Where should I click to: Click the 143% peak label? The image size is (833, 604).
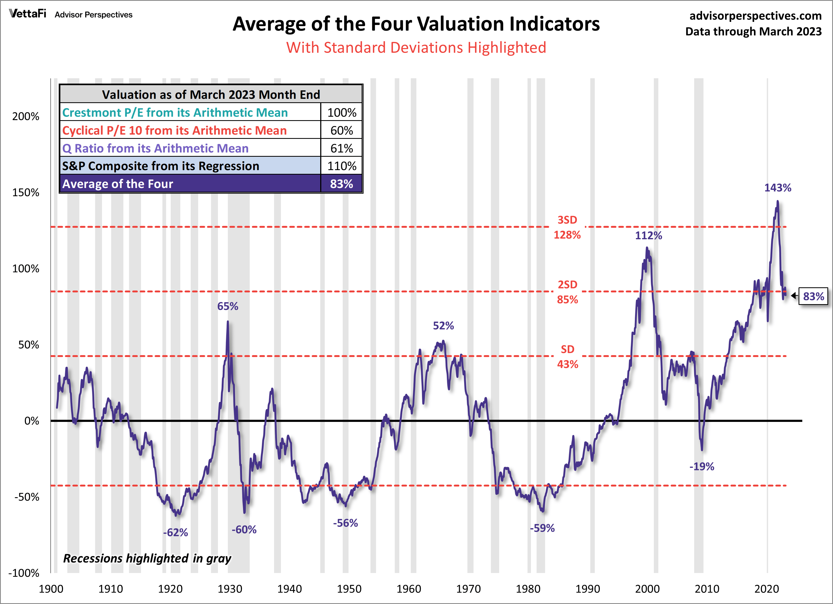pyautogui.click(x=777, y=188)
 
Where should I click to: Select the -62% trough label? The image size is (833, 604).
pyautogui.click(x=175, y=532)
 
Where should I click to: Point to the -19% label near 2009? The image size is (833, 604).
pyautogui.click(x=702, y=467)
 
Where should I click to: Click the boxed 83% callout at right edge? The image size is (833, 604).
pyautogui.click(x=813, y=296)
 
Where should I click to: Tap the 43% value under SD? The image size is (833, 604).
pyautogui.click(x=568, y=364)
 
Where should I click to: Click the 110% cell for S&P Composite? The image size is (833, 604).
pyautogui.click(x=342, y=166)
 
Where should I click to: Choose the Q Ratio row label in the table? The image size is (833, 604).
pyautogui.click(x=155, y=148)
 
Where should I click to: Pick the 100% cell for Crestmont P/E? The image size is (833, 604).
pyautogui.click(x=342, y=113)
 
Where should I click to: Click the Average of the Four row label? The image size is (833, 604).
pyautogui.click(x=118, y=184)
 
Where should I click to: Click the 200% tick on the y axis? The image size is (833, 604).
pyautogui.click(x=26, y=116)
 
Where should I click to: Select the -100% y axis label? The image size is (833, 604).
pyautogui.click(x=24, y=573)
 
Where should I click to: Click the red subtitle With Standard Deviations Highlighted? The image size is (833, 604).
pyautogui.click(x=416, y=48)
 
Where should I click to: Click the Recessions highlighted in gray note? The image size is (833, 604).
pyautogui.click(x=147, y=558)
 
